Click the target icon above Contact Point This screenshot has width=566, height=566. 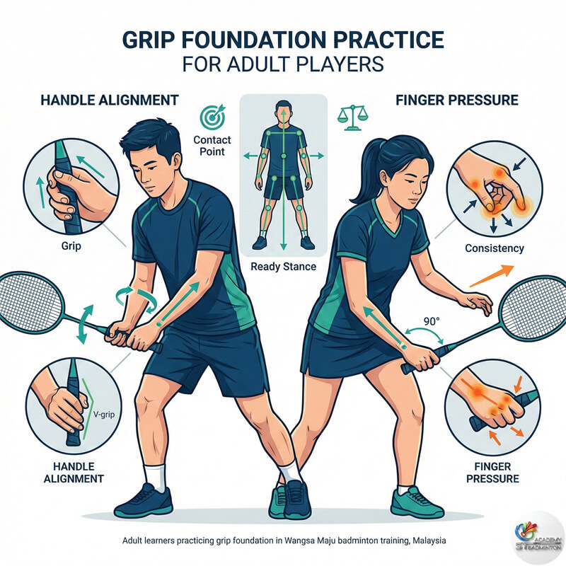tap(213, 117)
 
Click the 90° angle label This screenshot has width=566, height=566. tap(432, 321)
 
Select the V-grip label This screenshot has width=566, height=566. tap(104, 415)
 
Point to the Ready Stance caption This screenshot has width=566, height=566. tap(284, 267)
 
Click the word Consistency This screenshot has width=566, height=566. tap(494, 248)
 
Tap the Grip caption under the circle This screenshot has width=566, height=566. tap(71, 246)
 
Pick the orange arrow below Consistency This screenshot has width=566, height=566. tap(492, 276)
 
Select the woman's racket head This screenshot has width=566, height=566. tap(534, 308)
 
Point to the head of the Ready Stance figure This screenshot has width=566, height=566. tap(284, 110)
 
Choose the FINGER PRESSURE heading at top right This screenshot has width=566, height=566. tap(457, 100)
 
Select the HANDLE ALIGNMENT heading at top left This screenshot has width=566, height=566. tap(110, 100)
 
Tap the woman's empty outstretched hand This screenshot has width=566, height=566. tap(475, 303)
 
